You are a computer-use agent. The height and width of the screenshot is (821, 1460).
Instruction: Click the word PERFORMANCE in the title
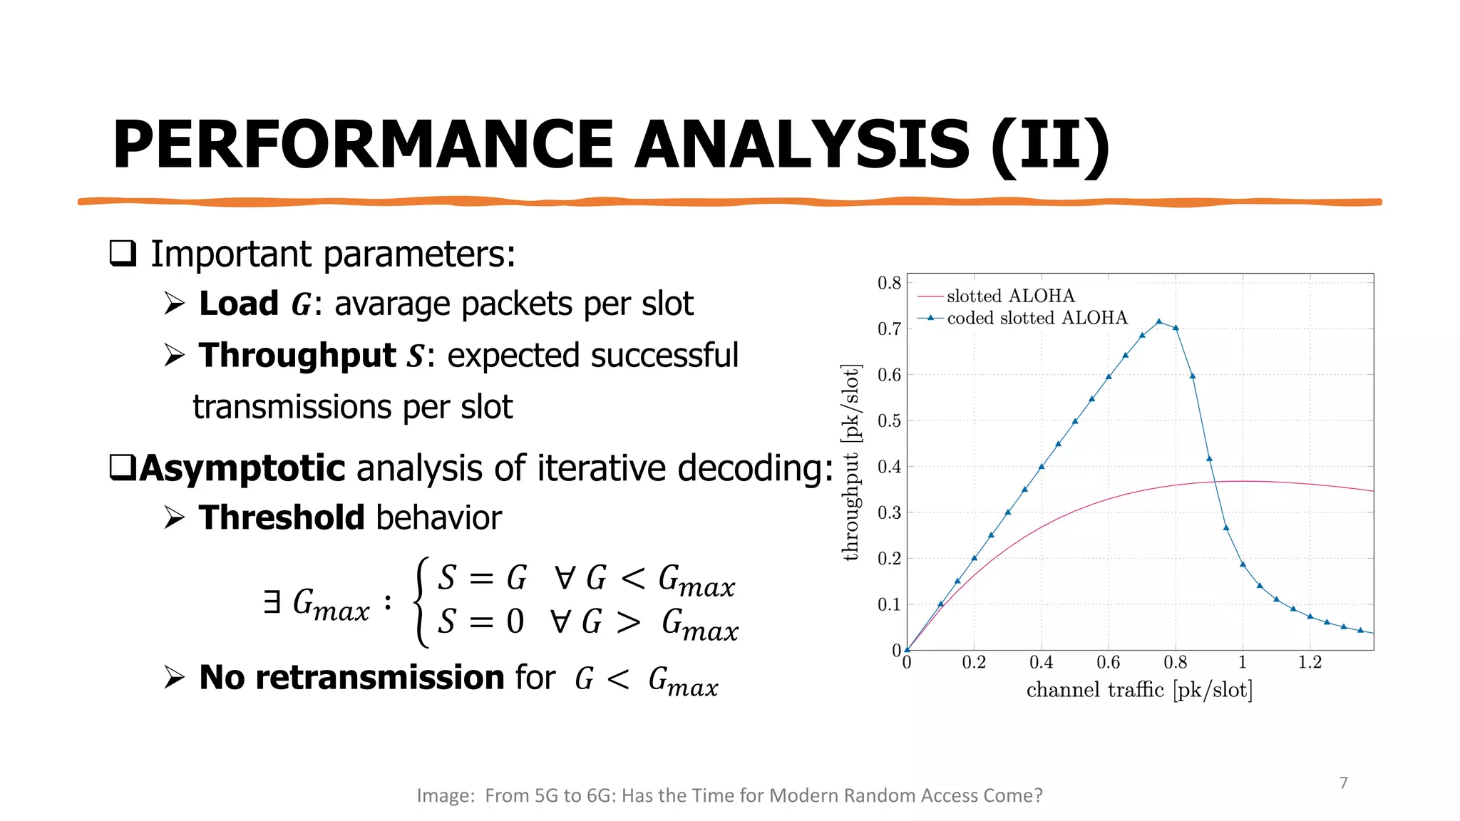click(x=363, y=145)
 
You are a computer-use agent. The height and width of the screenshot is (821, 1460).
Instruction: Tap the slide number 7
click(x=1343, y=783)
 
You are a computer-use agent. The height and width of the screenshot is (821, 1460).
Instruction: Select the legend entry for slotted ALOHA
click(x=1009, y=296)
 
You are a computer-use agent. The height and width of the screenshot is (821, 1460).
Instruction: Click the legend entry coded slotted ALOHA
click(x=1037, y=318)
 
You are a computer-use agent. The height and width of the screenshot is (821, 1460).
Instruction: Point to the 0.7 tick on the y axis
click(x=889, y=329)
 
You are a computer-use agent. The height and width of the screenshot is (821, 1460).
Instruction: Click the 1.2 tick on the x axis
click(x=1310, y=663)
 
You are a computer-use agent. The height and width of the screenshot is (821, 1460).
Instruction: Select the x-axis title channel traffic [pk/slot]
click(x=1139, y=690)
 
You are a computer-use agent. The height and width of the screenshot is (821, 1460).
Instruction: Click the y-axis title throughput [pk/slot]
click(x=850, y=463)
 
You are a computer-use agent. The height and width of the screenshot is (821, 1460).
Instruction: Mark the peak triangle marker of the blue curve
click(x=1159, y=322)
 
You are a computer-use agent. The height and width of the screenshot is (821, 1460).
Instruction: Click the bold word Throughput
click(x=297, y=355)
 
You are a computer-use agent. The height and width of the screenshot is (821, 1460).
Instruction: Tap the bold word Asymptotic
click(x=242, y=468)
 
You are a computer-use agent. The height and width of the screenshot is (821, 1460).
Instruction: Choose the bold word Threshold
click(x=282, y=517)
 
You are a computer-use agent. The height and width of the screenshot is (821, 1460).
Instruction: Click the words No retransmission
click(x=351, y=677)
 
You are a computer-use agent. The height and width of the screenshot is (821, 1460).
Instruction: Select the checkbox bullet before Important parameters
click(x=123, y=254)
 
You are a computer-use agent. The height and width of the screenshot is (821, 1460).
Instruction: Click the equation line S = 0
click(x=481, y=621)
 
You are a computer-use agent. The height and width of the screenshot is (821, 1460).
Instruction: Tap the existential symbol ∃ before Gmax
click(x=272, y=602)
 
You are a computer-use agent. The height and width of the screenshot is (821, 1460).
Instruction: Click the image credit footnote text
click(x=729, y=795)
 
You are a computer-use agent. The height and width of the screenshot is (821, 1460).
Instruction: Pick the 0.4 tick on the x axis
click(x=1041, y=663)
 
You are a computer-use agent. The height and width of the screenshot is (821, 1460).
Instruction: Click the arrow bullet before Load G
click(x=174, y=304)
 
